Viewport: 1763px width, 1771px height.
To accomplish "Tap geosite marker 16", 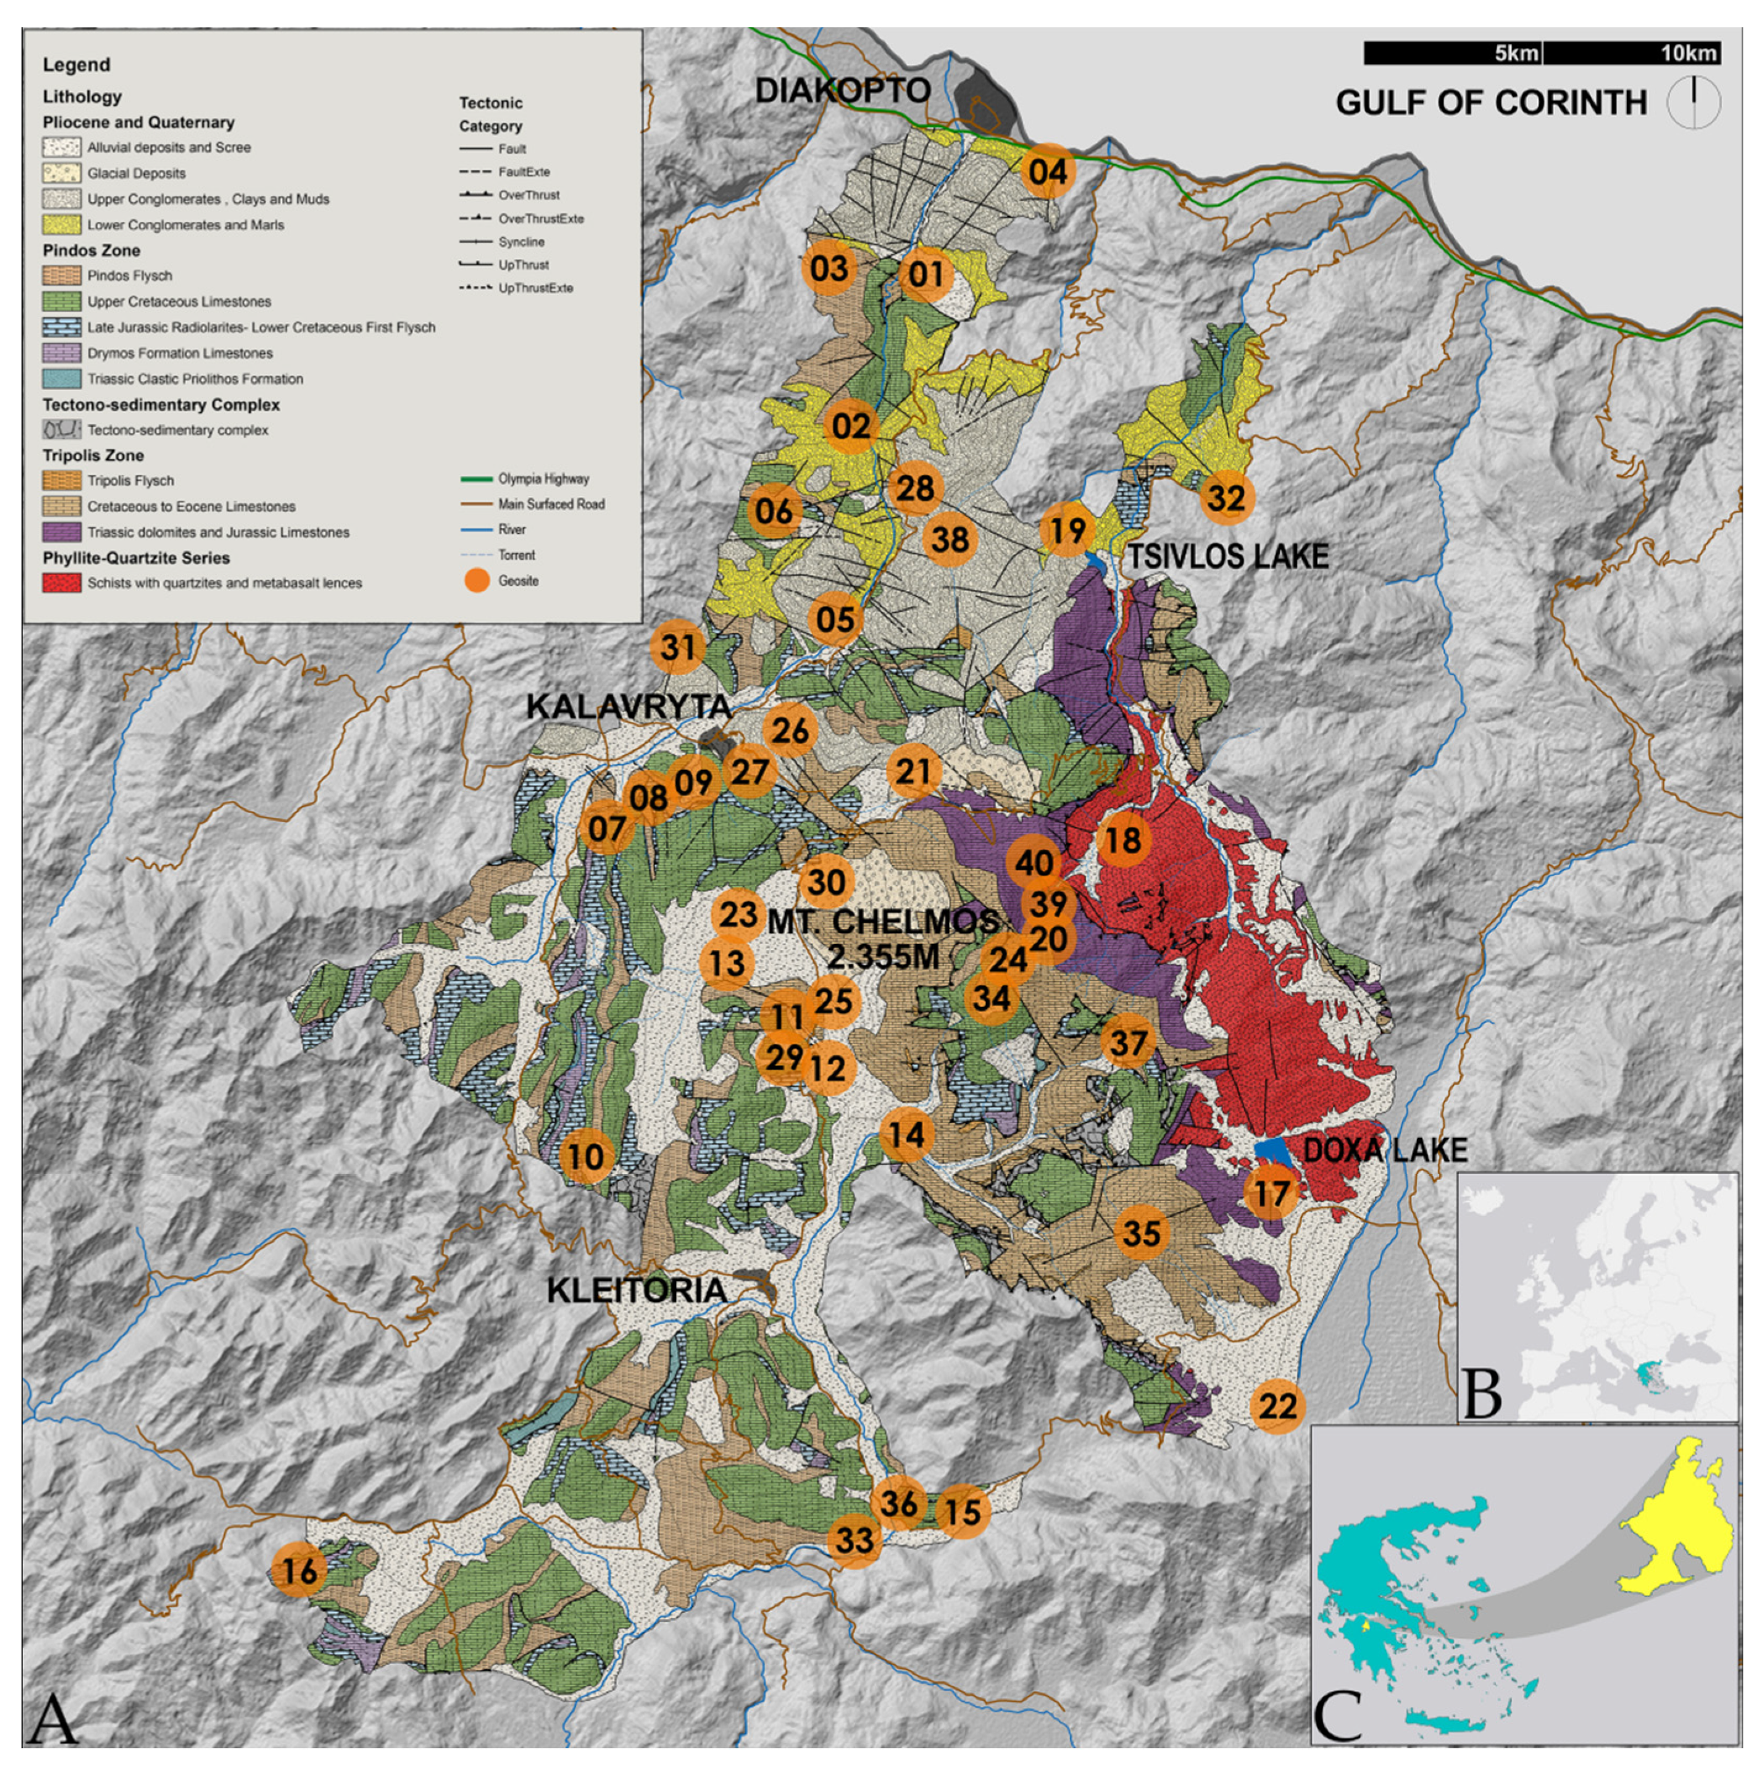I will (299, 1570).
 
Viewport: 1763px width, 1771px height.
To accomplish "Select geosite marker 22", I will (1277, 1405).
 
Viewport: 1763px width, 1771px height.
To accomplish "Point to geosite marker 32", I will (1227, 498).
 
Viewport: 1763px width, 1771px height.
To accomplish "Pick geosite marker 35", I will (1141, 1233).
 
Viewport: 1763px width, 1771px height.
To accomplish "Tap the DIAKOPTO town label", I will (843, 90).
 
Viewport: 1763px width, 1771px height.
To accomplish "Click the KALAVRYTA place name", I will (629, 706).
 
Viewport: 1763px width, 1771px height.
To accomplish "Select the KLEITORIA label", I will (637, 1290).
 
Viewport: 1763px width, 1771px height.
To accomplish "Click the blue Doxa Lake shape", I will (1272, 1149).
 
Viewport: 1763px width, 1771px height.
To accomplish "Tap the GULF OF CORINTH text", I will (1491, 102).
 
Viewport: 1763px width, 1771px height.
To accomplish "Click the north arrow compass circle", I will (1694, 102).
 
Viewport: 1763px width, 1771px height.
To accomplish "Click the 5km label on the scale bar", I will (1516, 54).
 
